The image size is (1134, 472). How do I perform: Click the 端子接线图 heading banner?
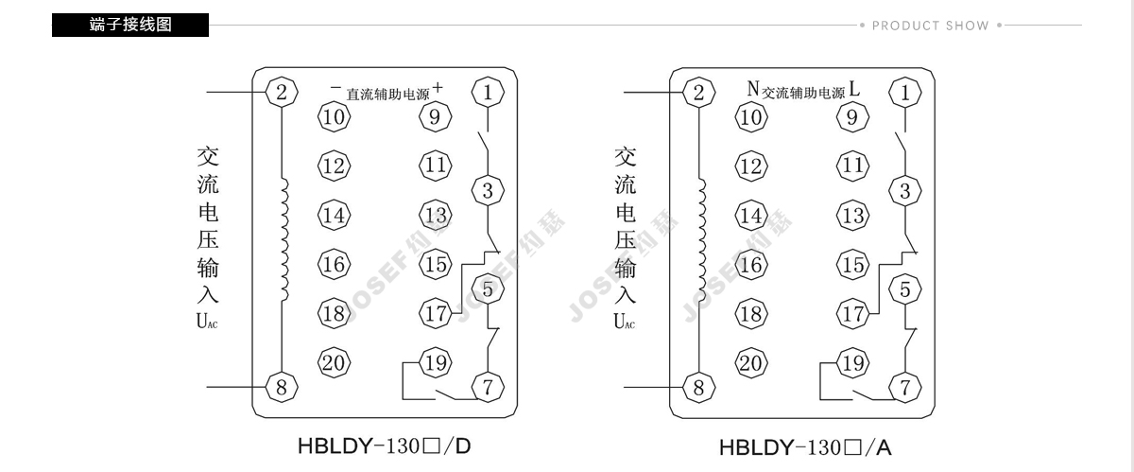(x=130, y=25)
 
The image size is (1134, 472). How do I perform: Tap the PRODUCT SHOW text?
(x=931, y=26)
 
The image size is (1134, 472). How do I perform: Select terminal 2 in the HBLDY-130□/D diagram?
(x=282, y=92)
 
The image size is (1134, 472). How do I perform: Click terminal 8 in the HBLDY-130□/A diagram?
(x=698, y=388)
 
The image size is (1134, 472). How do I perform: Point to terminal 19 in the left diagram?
(x=436, y=363)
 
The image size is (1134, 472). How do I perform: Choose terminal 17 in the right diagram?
(x=853, y=314)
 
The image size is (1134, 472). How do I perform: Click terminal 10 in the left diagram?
(x=334, y=116)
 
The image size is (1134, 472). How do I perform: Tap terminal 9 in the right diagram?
(x=852, y=116)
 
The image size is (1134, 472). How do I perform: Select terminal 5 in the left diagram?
(x=488, y=289)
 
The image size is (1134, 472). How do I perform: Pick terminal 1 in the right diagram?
(x=904, y=93)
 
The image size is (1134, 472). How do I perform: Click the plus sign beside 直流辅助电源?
(x=438, y=88)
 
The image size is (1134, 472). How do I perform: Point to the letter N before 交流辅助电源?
(x=753, y=89)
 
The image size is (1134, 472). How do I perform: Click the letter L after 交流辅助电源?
(x=854, y=89)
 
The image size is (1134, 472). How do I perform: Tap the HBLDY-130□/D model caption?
(x=385, y=446)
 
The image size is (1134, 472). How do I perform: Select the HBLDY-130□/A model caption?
(x=805, y=447)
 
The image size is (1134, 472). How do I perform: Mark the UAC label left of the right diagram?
(x=625, y=322)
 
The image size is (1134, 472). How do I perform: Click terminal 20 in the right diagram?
(x=751, y=363)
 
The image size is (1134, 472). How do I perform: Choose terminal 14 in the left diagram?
(x=334, y=215)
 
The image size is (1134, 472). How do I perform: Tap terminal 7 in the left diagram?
(x=488, y=387)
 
